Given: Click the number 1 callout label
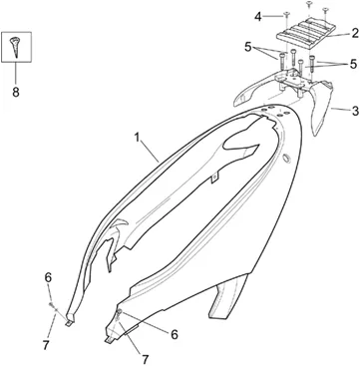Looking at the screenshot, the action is coord(137,138).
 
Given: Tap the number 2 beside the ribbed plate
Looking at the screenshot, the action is coord(355,33).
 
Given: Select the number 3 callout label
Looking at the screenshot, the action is coord(355,111).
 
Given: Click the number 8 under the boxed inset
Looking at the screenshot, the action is coord(16,92).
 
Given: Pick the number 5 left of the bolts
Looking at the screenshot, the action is coord(247,48).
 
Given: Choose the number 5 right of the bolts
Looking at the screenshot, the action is coord(353,64).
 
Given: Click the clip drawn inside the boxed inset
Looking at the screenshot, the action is coord(16,46).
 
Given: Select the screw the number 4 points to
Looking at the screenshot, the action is coord(286,15).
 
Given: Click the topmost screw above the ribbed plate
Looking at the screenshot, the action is coord(309,5).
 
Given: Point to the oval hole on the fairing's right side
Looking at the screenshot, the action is coord(285,159).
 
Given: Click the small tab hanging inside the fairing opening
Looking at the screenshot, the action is coord(214,178).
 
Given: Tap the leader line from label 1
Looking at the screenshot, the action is coord(150,152).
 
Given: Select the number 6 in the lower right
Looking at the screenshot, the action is coord(175,334).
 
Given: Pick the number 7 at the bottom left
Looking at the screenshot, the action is coord(46,345).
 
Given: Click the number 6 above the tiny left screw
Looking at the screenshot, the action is coord(48,278).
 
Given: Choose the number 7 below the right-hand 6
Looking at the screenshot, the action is coord(145,359).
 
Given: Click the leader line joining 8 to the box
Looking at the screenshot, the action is coord(16,74).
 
